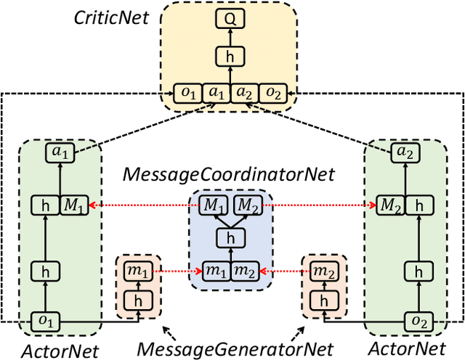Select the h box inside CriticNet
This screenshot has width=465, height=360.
(x=230, y=57)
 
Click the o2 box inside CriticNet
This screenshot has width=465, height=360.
(x=273, y=94)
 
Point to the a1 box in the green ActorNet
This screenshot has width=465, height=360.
(x=57, y=152)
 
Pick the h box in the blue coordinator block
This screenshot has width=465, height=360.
(x=230, y=237)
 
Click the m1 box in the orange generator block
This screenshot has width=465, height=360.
(x=138, y=271)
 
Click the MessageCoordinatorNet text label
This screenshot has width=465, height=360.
(x=229, y=176)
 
